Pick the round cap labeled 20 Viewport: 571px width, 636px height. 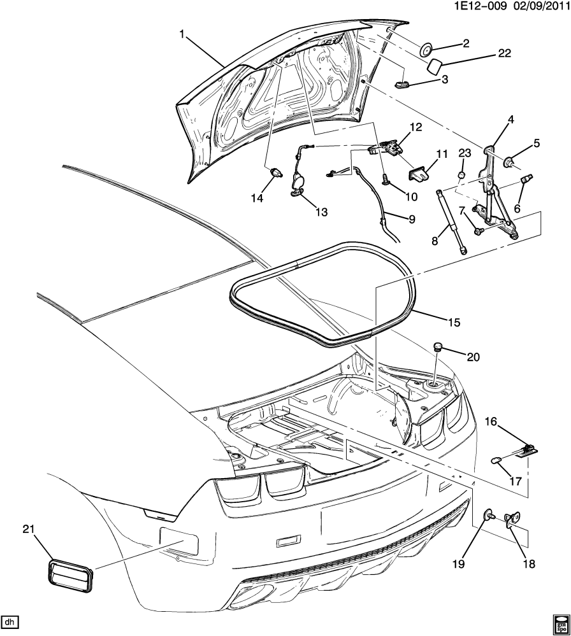pyautogui.click(x=438, y=346)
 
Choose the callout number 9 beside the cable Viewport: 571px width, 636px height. pyautogui.click(x=412, y=219)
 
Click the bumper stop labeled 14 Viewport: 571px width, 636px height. pyautogui.click(x=276, y=171)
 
